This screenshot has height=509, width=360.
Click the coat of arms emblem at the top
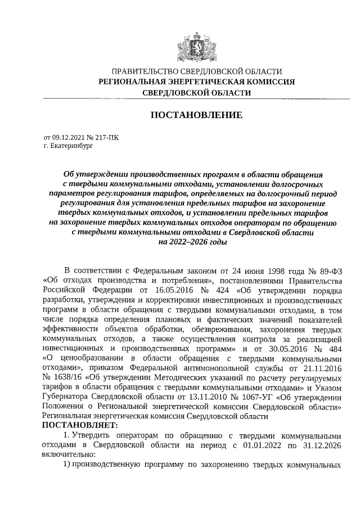pyautogui.click(x=196, y=46)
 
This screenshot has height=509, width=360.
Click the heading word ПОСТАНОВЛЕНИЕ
pyautogui.click(x=196, y=115)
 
